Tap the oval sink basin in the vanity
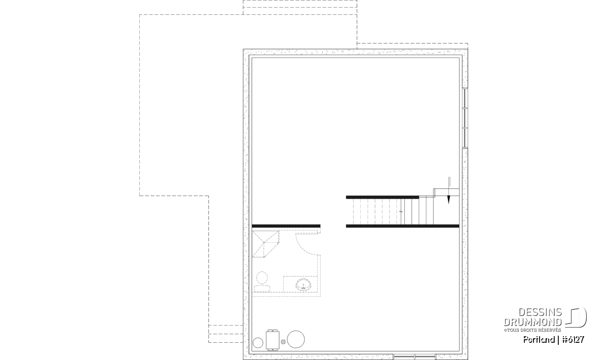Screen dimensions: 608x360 click(x=303, y=285)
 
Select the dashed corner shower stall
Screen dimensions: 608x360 click(x=266, y=244)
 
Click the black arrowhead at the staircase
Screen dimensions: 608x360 click(x=449, y=199)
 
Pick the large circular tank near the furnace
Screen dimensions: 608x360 click(x=296, y=339)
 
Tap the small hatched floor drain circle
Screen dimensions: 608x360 click(x=283, y=342)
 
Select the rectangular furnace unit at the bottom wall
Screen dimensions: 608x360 click(x=273, y=340)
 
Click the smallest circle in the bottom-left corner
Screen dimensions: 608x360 click(x=258, y=343)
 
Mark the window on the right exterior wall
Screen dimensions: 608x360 click(x=465, y=118)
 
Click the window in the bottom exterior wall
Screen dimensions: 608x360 click(x=414, y=357)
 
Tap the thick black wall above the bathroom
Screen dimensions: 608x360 click(x=286, y=226)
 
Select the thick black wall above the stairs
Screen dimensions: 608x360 click(x=383, y=197)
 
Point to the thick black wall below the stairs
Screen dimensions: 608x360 click(x=402, y=226)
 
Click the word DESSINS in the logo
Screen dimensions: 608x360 click(x=540, y=312)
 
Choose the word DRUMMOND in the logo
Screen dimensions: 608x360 click(x=533, y=322)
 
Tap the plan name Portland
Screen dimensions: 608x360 click(x=539, y=339)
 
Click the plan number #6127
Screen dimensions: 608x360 click(x=573, y=339)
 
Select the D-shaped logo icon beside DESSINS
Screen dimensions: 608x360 click(x=576, y=317)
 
